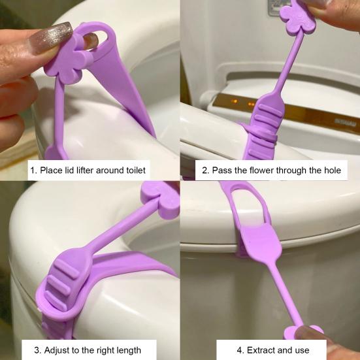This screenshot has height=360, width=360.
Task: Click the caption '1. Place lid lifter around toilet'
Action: (x=89, y=171)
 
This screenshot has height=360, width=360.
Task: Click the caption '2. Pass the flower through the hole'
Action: (x=270, y=171)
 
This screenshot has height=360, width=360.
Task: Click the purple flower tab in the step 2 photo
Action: (x=297, y=16)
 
